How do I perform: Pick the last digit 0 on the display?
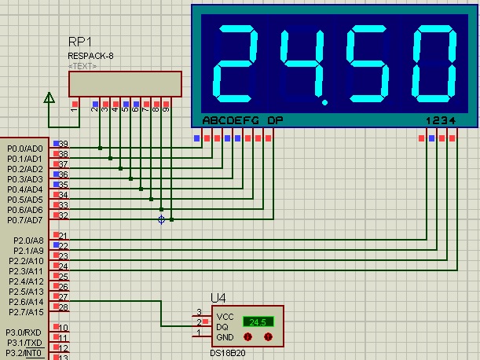[436, 61]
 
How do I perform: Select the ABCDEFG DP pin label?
[243, 120]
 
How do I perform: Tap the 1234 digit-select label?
[439, 120]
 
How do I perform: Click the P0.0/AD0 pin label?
[25, 149]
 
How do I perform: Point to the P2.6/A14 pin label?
[26, 302]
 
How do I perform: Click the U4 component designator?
[218, 298]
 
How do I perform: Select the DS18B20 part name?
[227, 353]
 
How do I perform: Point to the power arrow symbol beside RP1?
[49, 97]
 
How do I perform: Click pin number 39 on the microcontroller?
[64, 145]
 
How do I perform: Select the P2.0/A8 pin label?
[26, 241]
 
